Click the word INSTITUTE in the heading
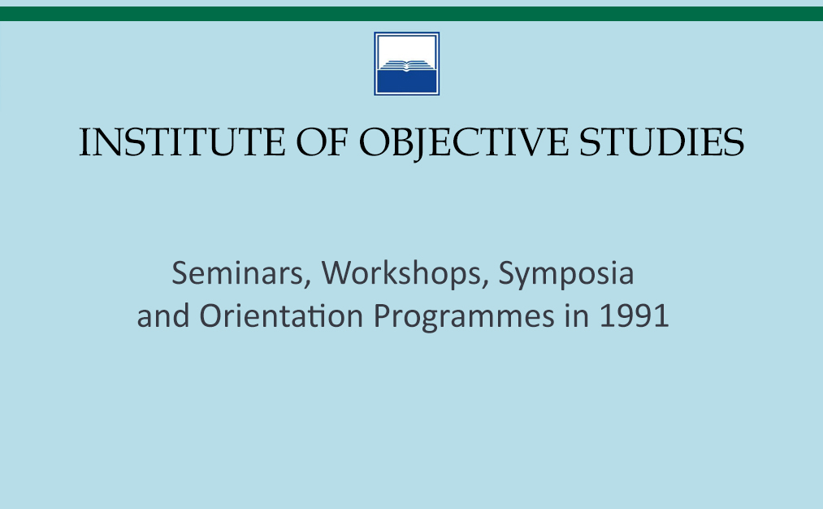182,141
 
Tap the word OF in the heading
323,141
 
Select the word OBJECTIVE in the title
463,143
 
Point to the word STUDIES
661,141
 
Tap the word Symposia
565,275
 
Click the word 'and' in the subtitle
163,315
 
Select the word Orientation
281,315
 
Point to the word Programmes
464,317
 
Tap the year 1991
634,316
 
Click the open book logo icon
407,63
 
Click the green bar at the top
411,14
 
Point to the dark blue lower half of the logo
407,81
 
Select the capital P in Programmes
382,316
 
